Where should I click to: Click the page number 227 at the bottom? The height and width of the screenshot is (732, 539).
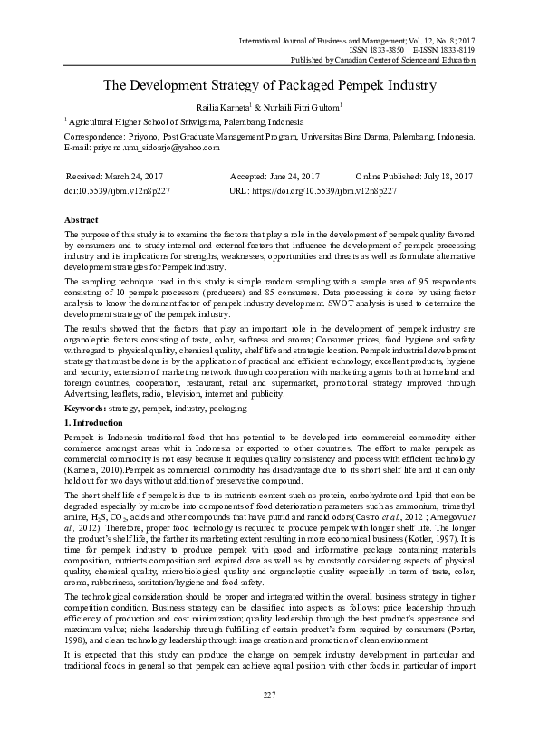coord(269,694)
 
